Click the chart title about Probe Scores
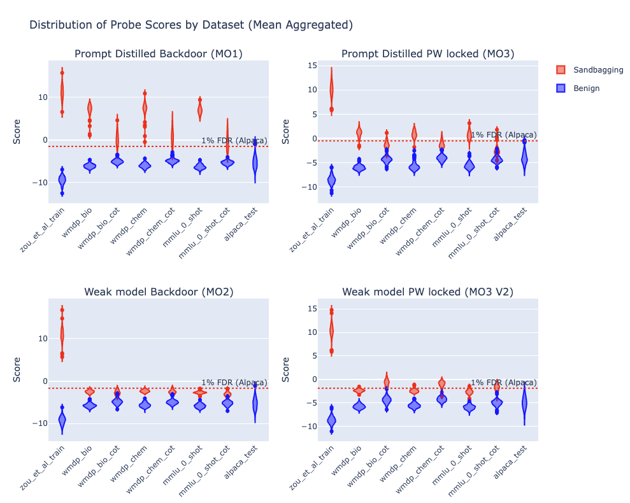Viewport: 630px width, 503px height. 191,25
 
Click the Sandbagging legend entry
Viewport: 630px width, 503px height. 589,69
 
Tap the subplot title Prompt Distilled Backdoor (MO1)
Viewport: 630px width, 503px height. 159,53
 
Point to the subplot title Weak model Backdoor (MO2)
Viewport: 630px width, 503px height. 159,292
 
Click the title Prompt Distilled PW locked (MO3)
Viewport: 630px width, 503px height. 427,53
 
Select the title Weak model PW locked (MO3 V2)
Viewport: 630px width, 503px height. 427,292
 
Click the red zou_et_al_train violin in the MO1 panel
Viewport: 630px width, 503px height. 62,92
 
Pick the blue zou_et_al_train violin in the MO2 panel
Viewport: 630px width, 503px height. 62,419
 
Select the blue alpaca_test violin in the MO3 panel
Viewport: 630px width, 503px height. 524,159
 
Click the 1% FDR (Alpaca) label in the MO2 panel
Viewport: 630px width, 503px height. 234,382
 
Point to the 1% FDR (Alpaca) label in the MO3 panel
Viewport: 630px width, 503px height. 503,134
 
